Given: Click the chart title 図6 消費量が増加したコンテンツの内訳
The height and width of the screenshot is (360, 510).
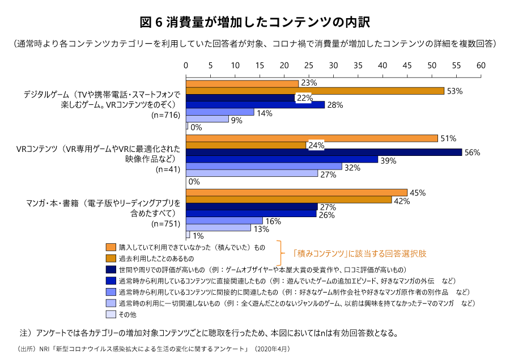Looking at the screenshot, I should point(254,22).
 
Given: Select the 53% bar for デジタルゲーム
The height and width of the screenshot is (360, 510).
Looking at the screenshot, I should point(315,91).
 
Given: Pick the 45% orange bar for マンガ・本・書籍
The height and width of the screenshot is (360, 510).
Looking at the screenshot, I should point(297,193).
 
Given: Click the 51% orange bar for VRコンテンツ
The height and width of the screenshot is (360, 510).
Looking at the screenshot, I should point(312,138).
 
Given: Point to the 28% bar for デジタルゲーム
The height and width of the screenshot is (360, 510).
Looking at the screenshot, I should point(256,105).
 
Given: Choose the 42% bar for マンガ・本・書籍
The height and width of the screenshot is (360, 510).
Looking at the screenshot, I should point(289,200).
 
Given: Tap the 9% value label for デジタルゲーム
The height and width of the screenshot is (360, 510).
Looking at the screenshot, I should point(237,120).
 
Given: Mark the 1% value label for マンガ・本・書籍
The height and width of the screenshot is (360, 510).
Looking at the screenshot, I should point(198,236).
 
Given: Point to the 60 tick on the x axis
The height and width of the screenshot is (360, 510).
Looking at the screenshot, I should point(481,65).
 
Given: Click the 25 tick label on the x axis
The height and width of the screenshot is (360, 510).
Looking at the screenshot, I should point(309,65).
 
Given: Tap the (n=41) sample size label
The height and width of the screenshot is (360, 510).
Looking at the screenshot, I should point(168,169).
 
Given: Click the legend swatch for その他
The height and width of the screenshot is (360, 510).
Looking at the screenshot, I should point(111,314).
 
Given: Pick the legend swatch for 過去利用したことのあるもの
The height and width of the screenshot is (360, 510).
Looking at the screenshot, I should point(111,258).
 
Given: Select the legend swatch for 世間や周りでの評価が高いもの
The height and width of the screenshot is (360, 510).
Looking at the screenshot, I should point(111,269).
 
